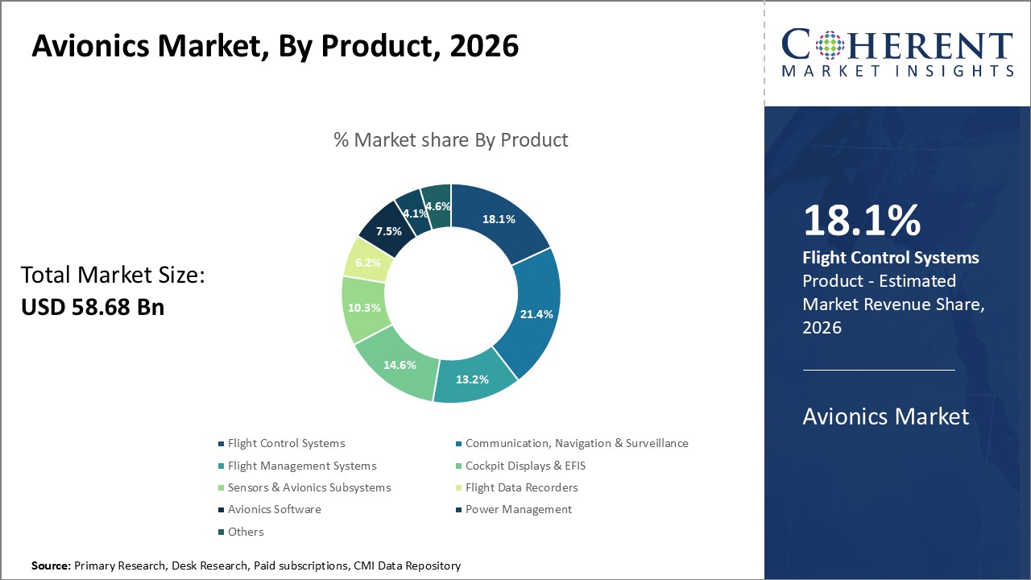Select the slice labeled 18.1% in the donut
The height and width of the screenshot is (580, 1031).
[x=499, y=218]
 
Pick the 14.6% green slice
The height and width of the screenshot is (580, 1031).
[x=400, y=364]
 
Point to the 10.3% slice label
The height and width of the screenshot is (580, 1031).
[x=365, y=308]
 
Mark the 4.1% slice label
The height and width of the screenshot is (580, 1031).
[x=414, y=213]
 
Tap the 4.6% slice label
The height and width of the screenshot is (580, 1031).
[x=438, y=206]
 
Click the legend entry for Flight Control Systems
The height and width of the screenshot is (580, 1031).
[x=286, y=443]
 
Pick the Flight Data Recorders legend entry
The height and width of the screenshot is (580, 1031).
[x=521, y=487]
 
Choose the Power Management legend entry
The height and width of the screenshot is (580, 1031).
[x=518, y=509]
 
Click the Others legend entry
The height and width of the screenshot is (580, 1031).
[x=246, y=532]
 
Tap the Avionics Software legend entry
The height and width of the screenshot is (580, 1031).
[x=274, y=509]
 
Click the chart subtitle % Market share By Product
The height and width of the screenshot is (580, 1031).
[x=450, y=140]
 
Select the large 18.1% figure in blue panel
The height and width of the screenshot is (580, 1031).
[x=861, y=221]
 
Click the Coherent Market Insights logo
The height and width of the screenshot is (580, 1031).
[x=897, y=53]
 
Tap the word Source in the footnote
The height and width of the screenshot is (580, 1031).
[x=51, y=566]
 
